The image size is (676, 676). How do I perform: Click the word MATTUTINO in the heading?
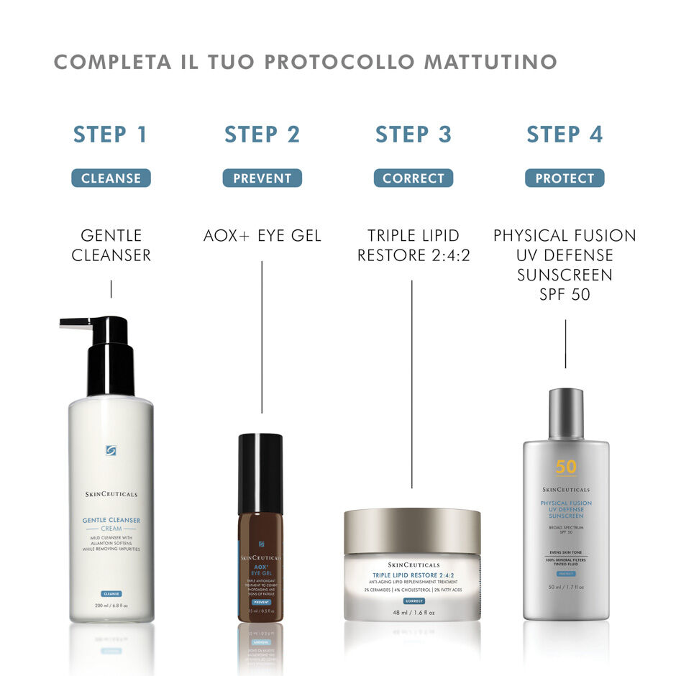coord(490,62)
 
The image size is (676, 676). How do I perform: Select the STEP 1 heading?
coord(111,134)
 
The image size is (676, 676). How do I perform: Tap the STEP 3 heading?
coord(414,134)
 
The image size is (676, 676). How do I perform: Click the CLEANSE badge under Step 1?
coord(111,178)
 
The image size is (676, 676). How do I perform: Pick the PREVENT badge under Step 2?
coord(262,178)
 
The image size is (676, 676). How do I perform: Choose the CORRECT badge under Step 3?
coord(414,178)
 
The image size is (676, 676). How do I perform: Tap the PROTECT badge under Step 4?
coord(565,178)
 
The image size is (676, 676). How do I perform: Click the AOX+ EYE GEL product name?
coord(262,236)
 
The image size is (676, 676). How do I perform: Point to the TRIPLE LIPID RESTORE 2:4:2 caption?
coord(414,245)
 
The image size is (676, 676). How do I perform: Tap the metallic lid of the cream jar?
coord(412,531)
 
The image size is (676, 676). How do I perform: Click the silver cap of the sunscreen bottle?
coord(566,413)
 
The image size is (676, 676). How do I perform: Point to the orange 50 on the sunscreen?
coord(566,467)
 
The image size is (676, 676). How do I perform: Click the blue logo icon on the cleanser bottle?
coord(111,451)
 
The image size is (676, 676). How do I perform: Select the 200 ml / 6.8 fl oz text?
coord(111,606)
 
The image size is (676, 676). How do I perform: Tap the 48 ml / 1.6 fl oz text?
coord(413,613)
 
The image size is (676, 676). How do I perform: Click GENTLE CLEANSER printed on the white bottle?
coord(111,520)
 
